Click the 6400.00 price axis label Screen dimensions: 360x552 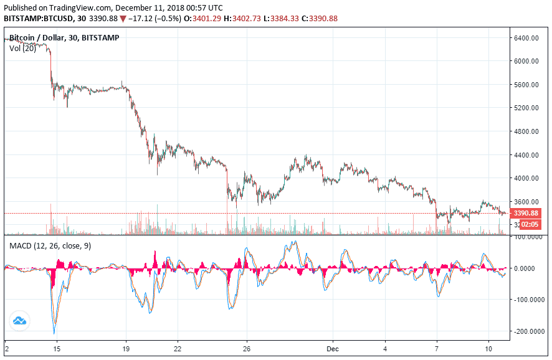coord(526,38)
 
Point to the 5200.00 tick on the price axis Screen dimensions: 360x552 coord(526,108)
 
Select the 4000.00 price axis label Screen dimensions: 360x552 coord(526,178)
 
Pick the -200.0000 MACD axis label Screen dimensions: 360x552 coord(528,331)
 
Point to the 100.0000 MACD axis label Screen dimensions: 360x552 coord(528,237)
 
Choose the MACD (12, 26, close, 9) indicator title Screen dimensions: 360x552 coord(50,246)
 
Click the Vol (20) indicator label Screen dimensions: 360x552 coord(22,49)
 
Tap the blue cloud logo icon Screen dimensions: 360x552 coord(19,321)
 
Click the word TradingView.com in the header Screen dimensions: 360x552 coord(77,8)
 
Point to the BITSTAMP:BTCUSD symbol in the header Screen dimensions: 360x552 coord(39,18)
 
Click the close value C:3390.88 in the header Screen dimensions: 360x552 coord(319,18)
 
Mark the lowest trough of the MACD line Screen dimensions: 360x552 coord(54,333)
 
